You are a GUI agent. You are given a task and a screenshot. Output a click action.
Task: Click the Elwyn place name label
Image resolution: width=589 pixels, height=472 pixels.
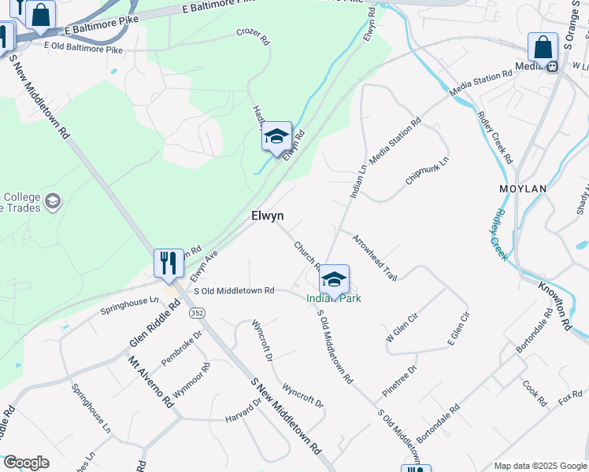[267, 215]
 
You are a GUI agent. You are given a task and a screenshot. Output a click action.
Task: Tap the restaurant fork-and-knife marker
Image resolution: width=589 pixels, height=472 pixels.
[169, 264]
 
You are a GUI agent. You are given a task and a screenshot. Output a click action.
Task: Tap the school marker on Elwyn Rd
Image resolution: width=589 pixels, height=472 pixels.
[276, 137]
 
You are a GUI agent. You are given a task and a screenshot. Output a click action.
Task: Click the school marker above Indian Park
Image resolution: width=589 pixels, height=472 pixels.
[334, 279]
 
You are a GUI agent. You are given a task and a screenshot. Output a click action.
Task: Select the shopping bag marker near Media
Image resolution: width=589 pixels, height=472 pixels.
[543, 48]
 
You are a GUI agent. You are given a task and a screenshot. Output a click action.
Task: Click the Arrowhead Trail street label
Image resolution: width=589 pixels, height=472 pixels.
[374, 257]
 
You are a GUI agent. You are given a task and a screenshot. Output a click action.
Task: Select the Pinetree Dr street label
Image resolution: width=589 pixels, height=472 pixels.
[400, 379]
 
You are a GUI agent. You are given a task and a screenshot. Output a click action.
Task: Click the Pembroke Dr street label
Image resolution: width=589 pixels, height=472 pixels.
[182, 347]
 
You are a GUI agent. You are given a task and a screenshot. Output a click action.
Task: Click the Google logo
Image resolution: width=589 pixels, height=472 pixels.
[26, 463]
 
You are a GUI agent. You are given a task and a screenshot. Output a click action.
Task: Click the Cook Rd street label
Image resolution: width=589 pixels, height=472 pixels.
[534, 393]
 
